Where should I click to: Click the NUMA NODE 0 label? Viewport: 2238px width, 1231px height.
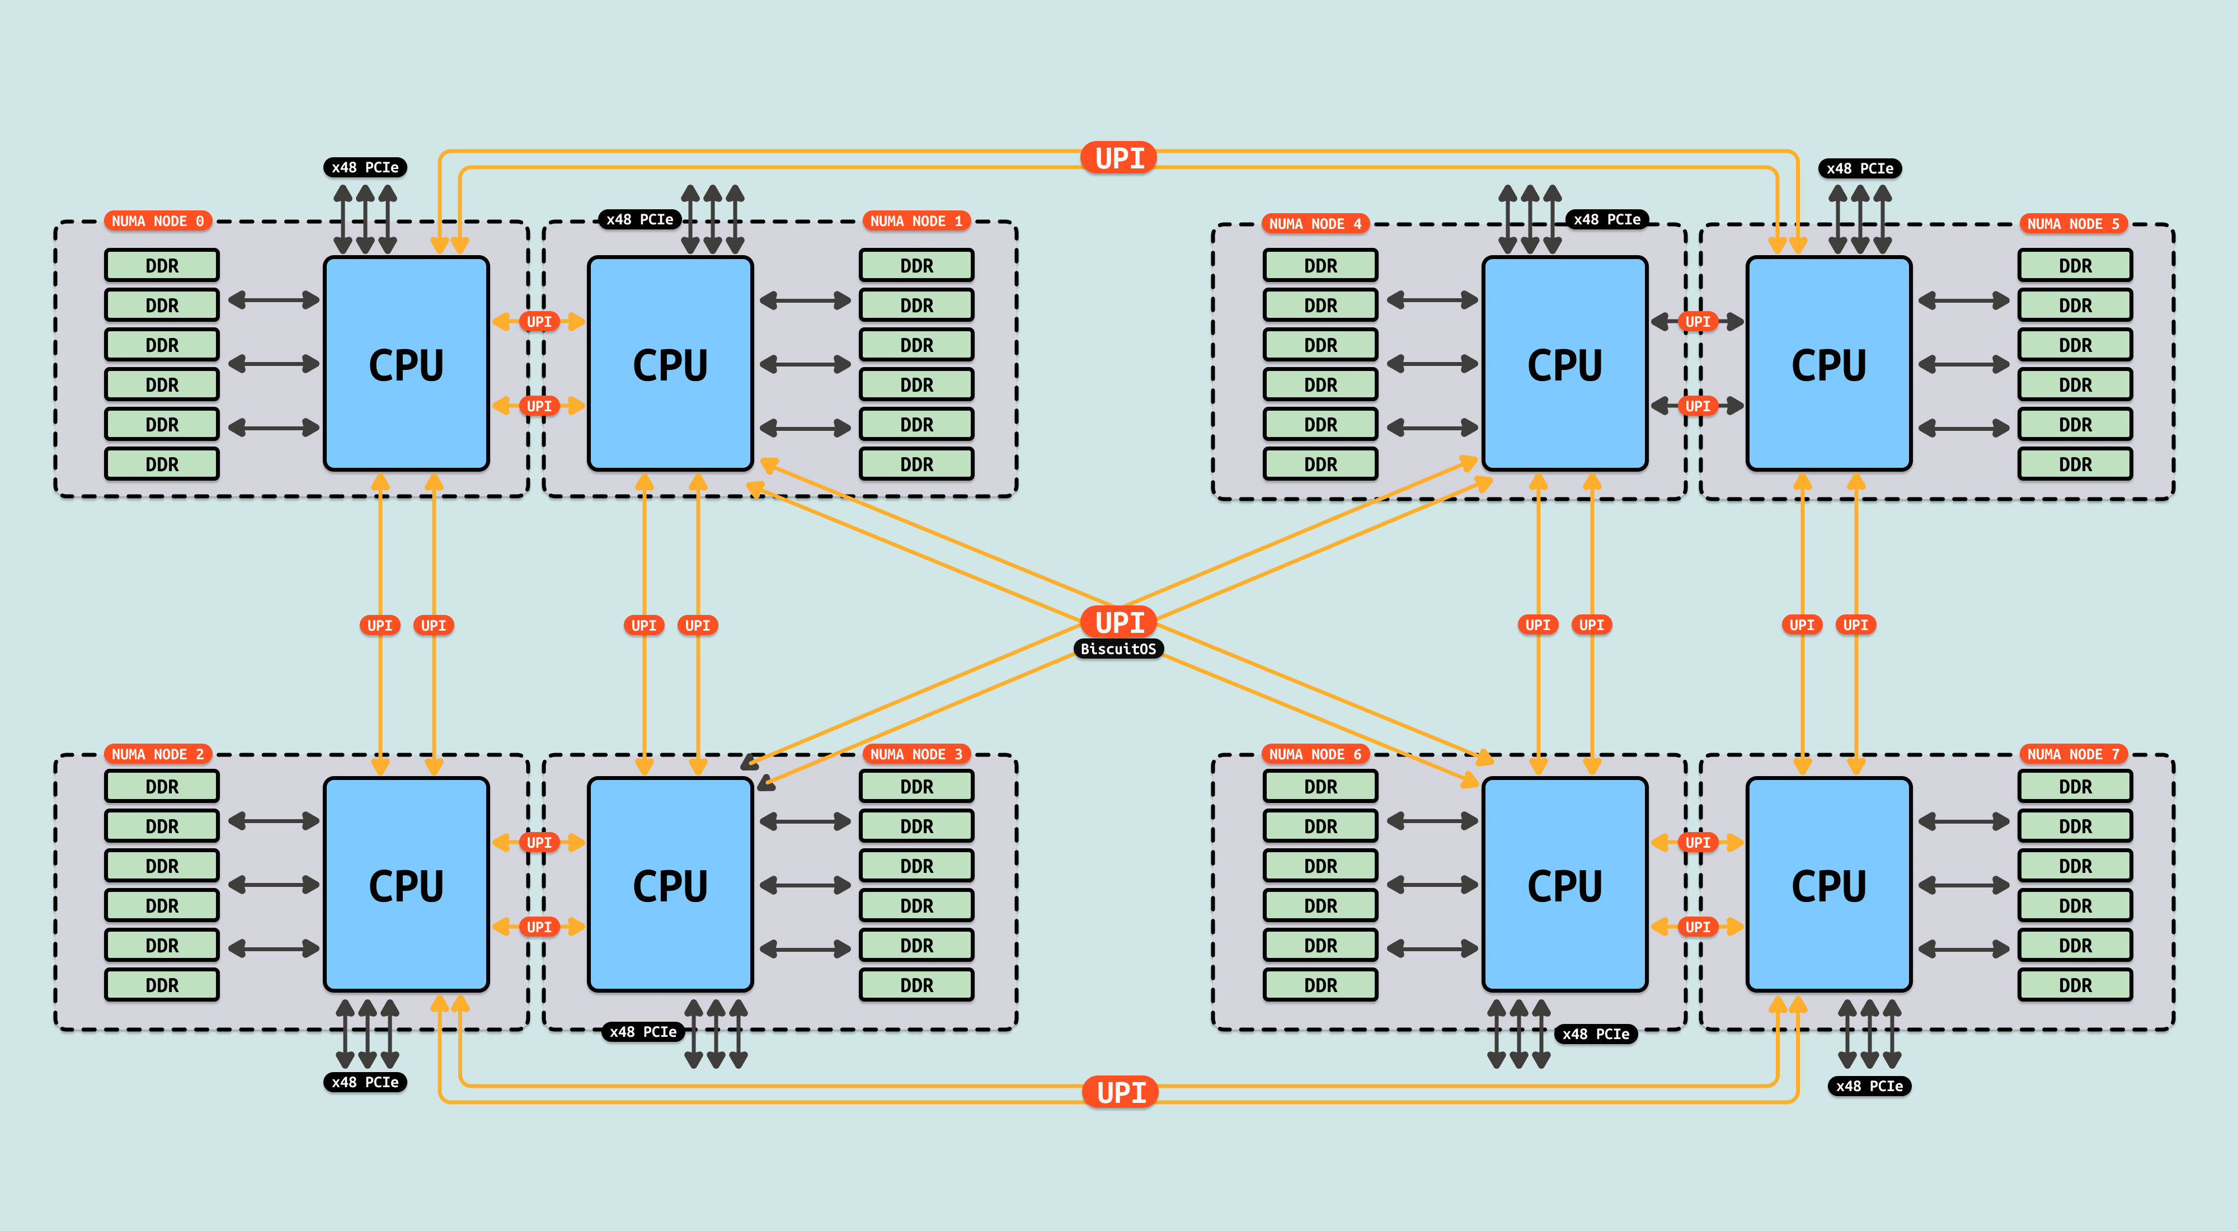click(x=157, y=222)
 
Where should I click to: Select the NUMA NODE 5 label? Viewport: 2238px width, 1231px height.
click(x=2073, y=224)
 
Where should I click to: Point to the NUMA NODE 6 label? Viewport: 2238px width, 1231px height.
click(x=1314, y=754)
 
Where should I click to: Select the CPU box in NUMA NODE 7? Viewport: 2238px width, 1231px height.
click(x=1829, y=885)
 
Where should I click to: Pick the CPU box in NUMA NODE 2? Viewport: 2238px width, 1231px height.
click(x=406, y=885)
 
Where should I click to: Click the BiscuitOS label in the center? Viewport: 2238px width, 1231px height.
click(x=1118, y=649)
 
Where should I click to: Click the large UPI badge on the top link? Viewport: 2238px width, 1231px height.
click(x=1119, y=158)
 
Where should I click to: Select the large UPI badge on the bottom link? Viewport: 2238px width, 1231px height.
click(x=1121, y=1092)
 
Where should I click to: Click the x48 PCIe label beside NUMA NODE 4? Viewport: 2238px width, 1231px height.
click(x=1606, y=220)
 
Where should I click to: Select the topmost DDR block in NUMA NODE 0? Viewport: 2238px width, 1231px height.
click(x=162, y=266)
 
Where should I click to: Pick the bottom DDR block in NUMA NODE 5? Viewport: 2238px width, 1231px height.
click(x=2075, y=464)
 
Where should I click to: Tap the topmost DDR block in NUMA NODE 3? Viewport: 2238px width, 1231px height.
click(x=916, y=786)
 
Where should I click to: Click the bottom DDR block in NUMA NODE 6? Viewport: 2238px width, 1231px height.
click(x=1320, y=985)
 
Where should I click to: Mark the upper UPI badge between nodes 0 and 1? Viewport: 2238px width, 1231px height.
click(x=539, y=321)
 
